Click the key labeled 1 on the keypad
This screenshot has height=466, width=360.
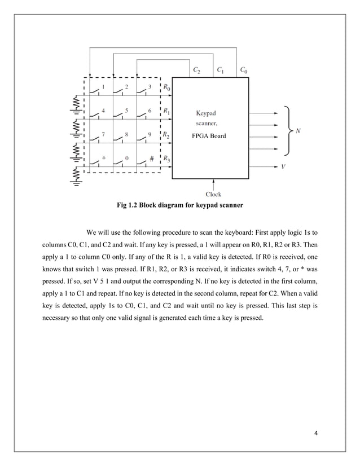pos(103,87)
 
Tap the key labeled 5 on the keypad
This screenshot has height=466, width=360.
pos(126,111)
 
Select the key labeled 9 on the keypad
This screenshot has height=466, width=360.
pos(150,135)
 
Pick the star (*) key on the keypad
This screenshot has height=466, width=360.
pos(103,159)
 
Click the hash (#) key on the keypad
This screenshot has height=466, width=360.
pos(152,159)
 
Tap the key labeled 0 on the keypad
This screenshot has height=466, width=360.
pos(126,159)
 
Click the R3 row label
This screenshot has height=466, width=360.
pos(167,160)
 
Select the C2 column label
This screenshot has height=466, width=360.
pos(196,71)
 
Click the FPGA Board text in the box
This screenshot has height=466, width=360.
pos(210,136)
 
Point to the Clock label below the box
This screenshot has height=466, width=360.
pos(213,195)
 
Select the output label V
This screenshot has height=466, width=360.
pos(283,167)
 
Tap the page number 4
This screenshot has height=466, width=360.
pos(316,433)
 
